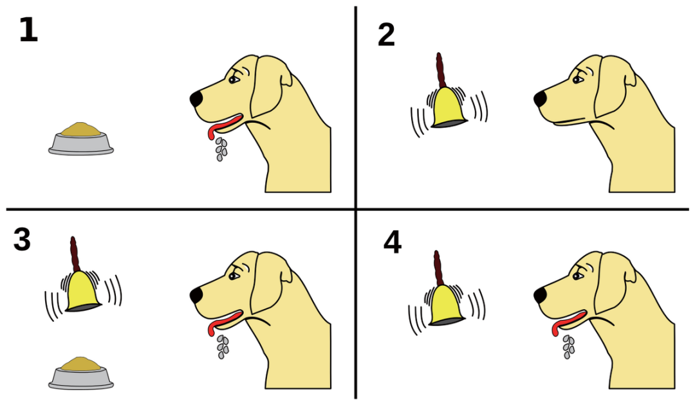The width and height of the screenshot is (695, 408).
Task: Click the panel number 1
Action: pyautogui.click(x=28, y=30)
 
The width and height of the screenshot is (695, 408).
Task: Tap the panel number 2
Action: pyautogui.click(x=386, y=35)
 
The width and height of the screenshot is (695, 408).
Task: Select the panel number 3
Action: pyautogui.click(x=22, y=240)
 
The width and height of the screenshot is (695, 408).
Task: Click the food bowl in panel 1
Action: pyautogui.click(x=80, y=139)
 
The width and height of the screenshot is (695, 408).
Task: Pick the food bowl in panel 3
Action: pyautogui.click(x=80, y=373)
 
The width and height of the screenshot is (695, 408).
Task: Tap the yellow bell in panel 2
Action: pyautogui.click(x=449, y=107)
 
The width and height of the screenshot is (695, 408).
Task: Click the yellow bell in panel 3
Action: pyautogui.click(x=83, y=291)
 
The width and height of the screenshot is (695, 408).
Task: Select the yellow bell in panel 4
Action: pyautogui.click(x=447, y=305)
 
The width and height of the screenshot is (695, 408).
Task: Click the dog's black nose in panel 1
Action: pyautogui.click(x=196, y=99)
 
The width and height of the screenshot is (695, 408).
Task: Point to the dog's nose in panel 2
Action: pyautogui.click(x=541, y=99)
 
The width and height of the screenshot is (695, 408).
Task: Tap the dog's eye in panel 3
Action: pyautogui.click(x=234, y=276)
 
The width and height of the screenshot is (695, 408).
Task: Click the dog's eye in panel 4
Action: pyautogui.click(x=577, y=276)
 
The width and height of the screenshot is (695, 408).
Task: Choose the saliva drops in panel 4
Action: pyautogui.click(x=568, y=347)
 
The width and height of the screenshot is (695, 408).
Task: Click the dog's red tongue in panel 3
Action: pyautogui.click(x=225, y=321)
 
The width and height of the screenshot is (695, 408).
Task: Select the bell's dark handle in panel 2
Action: pyautogui.click(x=440, y=71)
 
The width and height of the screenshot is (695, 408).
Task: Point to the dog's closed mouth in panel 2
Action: pyautogui.click(x=572, y=121)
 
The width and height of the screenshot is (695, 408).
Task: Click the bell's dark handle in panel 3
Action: pyautogui.click(x=74, y=254)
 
